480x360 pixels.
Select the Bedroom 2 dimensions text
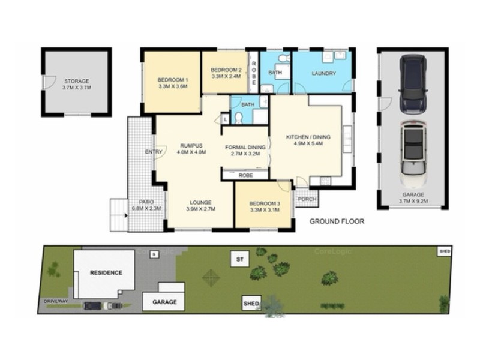[x=226, y=76]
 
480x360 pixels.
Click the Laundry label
[x=323, y=74]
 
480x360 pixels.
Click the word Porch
[x=307, y=199]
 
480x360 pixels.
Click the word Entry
[x=154, y=152]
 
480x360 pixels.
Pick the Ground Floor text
[x=337, y=221]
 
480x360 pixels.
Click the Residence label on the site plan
[x=106, y=272]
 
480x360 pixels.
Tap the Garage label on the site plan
[x=163, y=302]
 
